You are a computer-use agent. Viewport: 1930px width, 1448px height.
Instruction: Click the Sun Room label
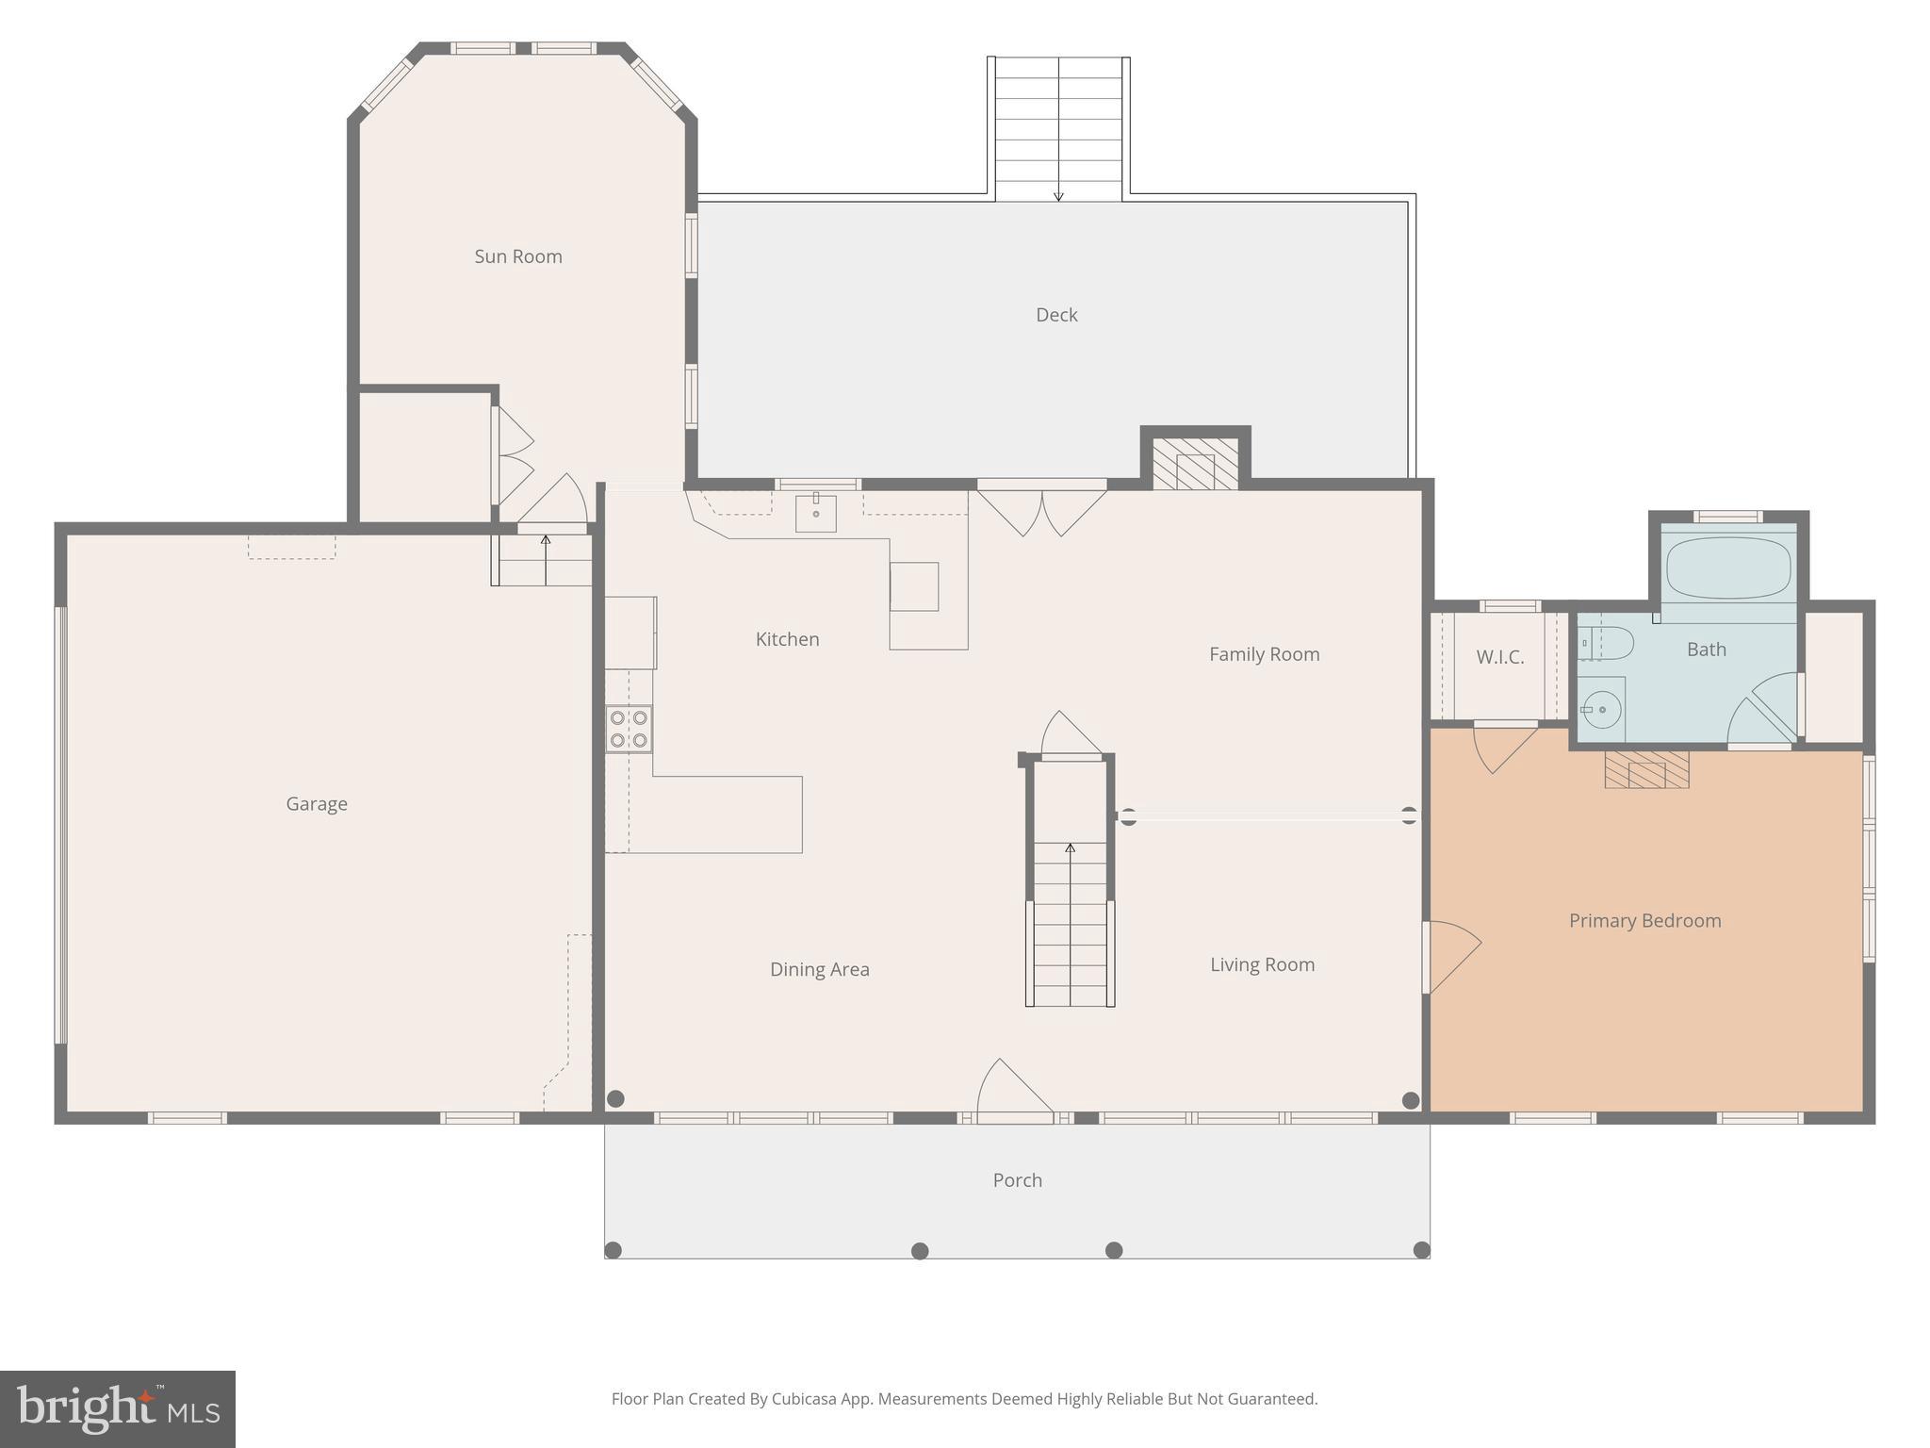coord(517,256)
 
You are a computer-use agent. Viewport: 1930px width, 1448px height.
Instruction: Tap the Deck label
coord(1056,315)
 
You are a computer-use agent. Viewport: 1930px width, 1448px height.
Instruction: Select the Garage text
coord(317,804)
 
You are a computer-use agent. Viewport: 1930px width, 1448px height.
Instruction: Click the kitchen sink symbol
coord(815,513)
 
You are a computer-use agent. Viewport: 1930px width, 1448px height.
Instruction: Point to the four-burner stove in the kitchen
coord(629,729)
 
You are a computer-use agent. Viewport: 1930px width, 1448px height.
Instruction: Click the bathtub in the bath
coord(1727,568)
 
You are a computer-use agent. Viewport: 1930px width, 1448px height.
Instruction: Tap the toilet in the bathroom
coord(1607,644)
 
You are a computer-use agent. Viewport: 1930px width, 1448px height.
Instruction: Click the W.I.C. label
coord(1499,657)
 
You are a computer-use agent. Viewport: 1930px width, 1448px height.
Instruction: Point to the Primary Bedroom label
coord(1644,921)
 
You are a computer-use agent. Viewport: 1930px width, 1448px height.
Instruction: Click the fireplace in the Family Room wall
coord(1195,464)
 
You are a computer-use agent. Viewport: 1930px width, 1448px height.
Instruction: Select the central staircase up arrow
coord(1070,847)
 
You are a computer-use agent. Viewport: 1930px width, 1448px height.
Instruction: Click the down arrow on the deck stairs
coord(1058,195)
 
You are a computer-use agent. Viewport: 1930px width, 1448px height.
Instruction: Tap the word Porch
coord(1017,1180)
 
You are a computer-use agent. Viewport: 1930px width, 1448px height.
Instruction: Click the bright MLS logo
coord(118,1409)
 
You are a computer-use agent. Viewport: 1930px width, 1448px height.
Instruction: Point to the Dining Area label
coord(819,969)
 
